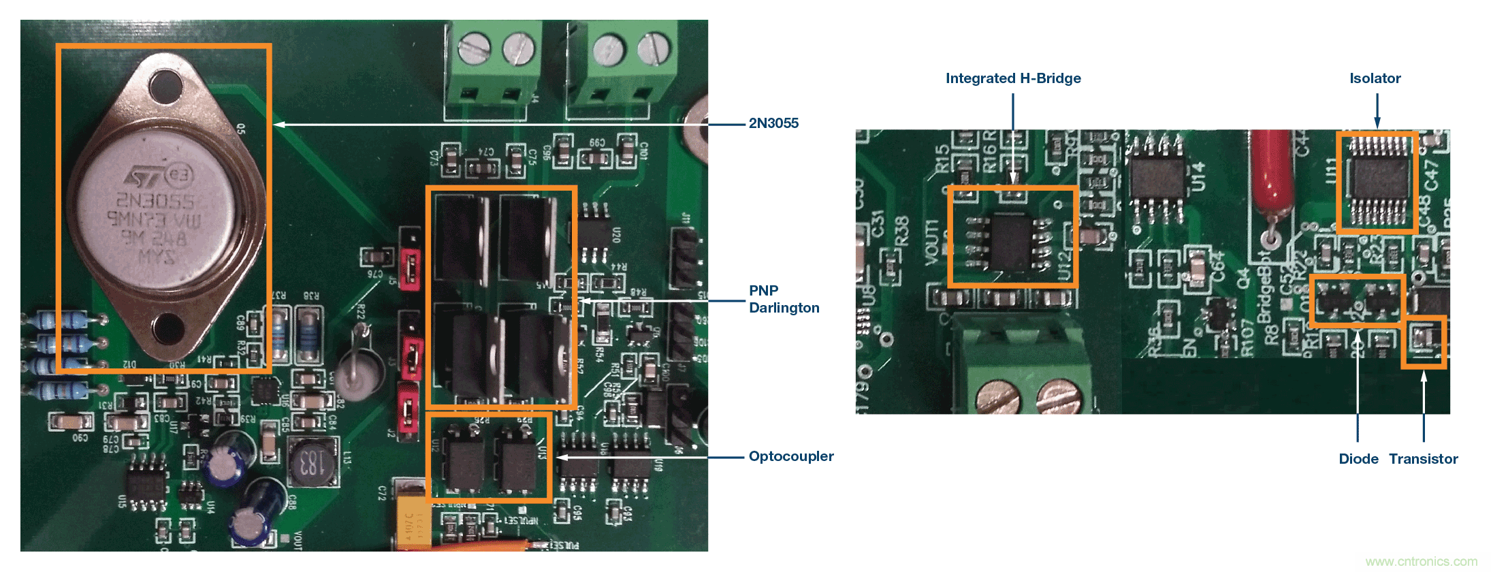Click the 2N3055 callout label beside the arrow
773,123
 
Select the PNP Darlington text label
784,299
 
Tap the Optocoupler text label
791,456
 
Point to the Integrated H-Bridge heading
1013,78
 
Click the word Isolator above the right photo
1375,78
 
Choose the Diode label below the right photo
1358,459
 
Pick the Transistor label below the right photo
1424,459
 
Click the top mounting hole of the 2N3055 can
166,86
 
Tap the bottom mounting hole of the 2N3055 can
168,330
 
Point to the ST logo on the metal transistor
144,178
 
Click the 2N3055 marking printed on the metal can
155,201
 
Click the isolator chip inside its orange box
1377,182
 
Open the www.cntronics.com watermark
1422,562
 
